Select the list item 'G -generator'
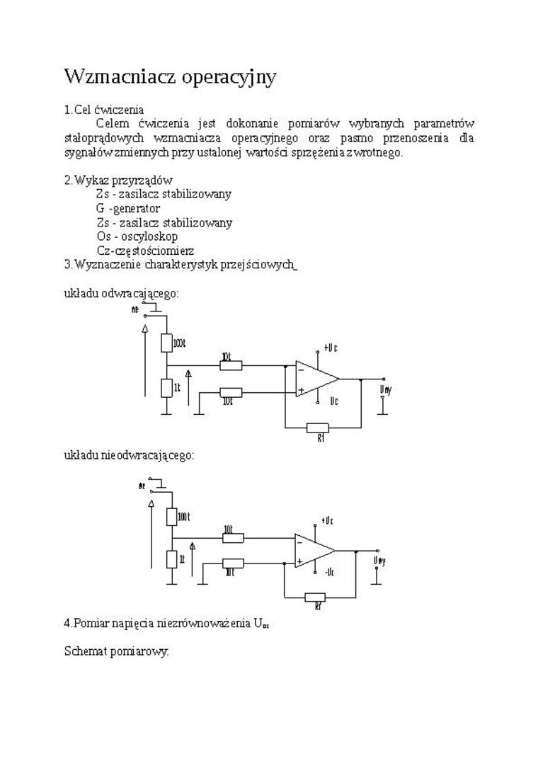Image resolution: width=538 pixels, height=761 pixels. (128, 208)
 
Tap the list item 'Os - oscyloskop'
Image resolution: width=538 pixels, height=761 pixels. (137, 236)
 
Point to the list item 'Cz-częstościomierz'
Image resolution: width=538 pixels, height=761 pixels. (145, 251)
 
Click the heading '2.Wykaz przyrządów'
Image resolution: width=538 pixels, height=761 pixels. (118, 180)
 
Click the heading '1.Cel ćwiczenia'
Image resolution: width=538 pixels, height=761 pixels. (104, 110)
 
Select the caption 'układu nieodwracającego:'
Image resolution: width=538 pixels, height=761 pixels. (129, 455)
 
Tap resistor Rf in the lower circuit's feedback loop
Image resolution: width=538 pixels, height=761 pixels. (316, 597)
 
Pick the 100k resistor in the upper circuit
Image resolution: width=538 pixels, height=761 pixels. (166, 343)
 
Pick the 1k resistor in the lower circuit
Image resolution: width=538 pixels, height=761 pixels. (171, 559)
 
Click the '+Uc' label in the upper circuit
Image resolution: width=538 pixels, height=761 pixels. (330, 348)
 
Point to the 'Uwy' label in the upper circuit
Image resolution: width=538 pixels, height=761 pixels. (385, 390)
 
